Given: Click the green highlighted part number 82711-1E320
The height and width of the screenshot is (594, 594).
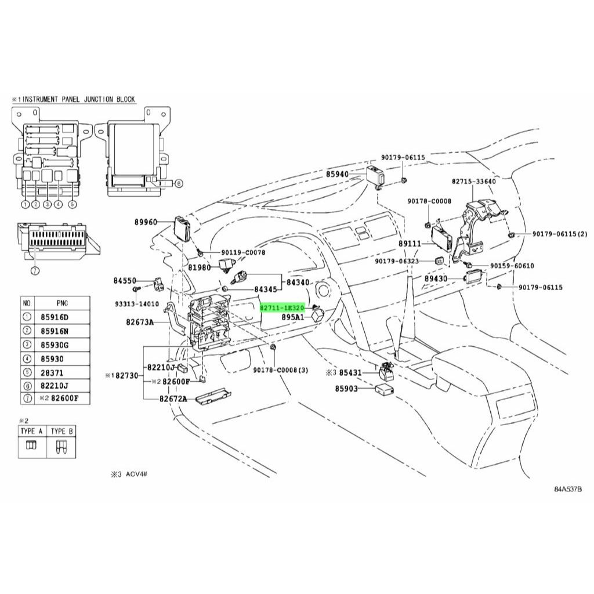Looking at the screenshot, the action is (282, 308).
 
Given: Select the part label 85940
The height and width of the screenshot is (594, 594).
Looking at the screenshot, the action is (337, 175).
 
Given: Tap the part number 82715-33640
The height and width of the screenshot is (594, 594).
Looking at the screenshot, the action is (473, 182).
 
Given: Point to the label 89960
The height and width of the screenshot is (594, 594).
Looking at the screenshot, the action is (146, 222).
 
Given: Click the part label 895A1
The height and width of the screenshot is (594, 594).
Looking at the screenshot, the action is (292, 317).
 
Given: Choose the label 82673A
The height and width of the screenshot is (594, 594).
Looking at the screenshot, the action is (140, 323).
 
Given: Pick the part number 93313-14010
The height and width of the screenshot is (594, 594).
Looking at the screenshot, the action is (137, 304).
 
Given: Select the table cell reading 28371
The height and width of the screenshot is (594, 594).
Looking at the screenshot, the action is (52, 373).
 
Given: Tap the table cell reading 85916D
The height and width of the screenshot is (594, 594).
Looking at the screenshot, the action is (55, 317).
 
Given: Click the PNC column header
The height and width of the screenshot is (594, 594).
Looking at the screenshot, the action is (62, 303).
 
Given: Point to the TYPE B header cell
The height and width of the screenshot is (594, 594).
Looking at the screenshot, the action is (61, 431).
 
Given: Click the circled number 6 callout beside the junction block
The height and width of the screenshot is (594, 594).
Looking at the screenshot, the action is (179, 183).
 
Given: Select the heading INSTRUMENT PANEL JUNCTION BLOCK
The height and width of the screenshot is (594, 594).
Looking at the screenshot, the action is (79, 99).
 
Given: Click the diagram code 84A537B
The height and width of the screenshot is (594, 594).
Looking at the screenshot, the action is (568, 488).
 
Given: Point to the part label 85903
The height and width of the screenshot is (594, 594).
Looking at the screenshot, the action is (346, 389).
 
